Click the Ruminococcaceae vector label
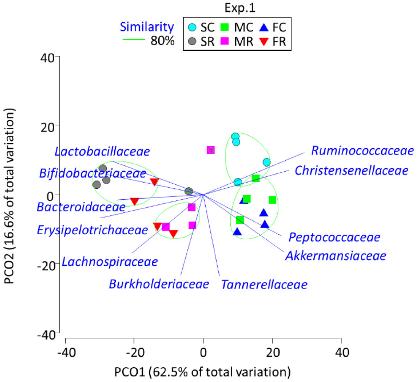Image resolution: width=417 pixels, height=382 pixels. click(x=362, y=151)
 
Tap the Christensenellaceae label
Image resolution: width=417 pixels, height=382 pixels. click(x=351, y=171)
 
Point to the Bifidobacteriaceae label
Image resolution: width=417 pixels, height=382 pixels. click(x=93, y=173)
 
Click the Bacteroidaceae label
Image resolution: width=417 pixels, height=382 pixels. click(x=81, y=207)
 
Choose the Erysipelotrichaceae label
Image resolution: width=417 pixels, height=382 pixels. click(x=92, y=230)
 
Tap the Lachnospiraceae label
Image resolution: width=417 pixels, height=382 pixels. click(x=110, y=262)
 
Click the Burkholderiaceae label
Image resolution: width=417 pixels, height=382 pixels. click(x=159, y=284)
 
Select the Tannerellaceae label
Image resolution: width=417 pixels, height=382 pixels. click(x=264, y=285)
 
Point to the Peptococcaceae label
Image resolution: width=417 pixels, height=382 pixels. click(x=334, y=237)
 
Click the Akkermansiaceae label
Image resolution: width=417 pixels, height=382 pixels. click(x=335, y=256)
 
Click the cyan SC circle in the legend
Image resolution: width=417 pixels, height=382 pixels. click(x=191, y=28)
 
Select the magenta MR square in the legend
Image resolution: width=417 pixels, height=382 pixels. click(x=225, y=42)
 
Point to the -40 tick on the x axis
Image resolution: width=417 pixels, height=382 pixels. click(x=66, y=351)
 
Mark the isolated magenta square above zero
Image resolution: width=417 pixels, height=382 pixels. click(x=211, y=150)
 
